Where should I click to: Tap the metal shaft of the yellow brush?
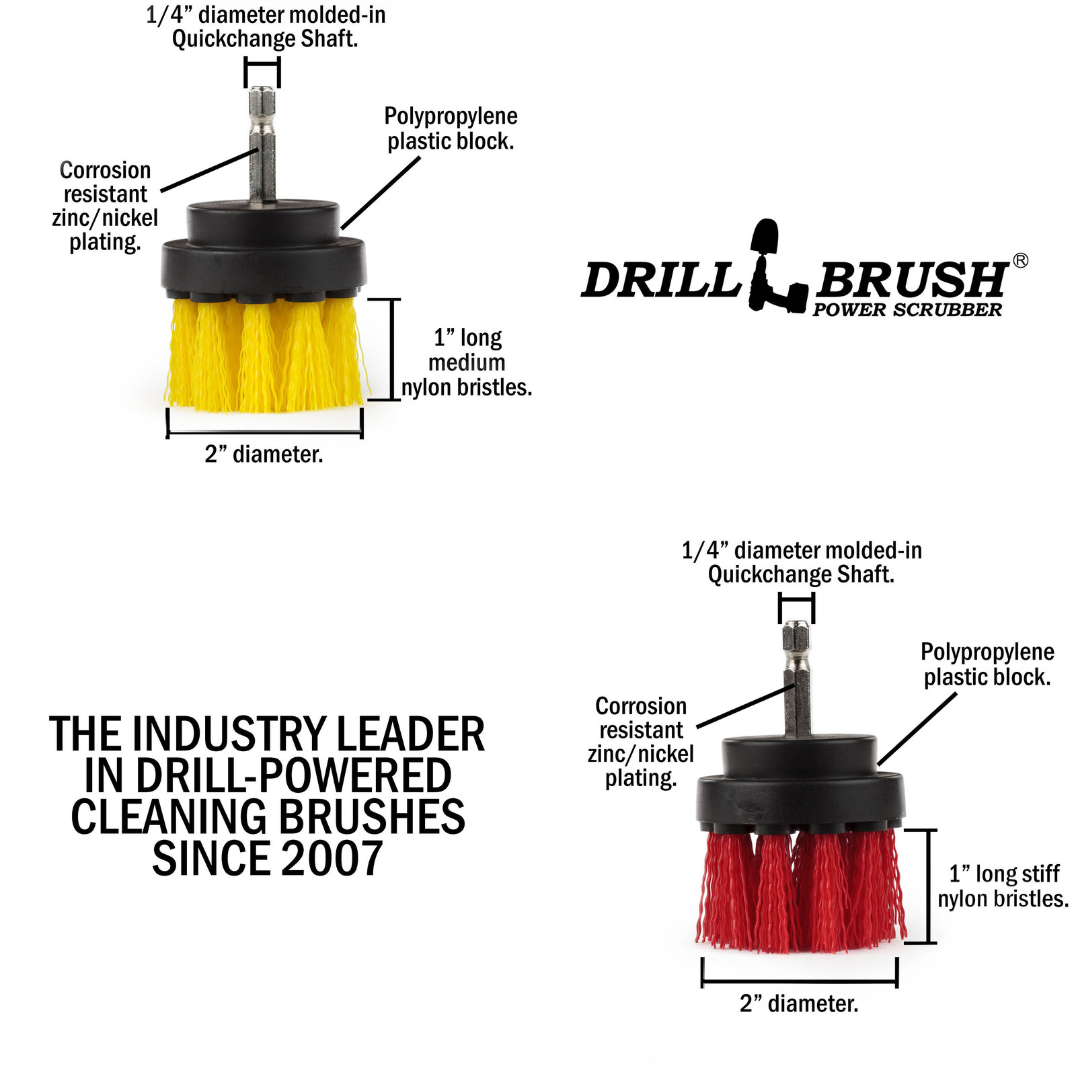pos(262,145)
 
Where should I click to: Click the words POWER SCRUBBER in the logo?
pos(907,310)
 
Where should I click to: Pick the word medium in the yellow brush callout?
pos(467,362)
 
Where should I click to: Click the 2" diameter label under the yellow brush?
pos(264,455)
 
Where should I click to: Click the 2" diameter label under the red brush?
pos(799,1004)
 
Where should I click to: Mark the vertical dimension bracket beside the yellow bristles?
pos(392,350)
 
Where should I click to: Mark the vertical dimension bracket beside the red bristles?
pos(929,886)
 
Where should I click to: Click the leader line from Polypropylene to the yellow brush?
pos(381,194)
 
